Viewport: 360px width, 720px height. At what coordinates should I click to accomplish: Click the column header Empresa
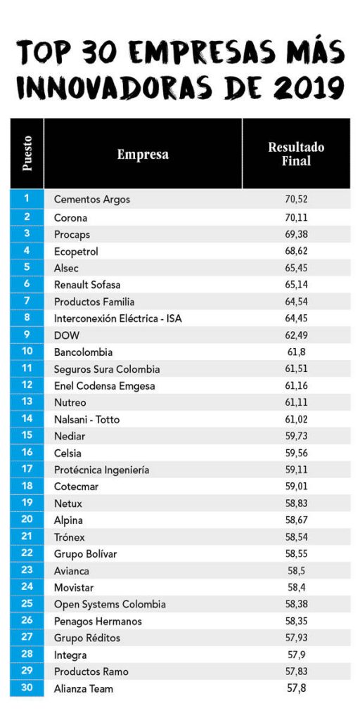(x=142, y=154)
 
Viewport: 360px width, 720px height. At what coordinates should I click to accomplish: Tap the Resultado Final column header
(x=296, y=154)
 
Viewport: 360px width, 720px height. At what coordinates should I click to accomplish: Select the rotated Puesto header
(x=27, y=153)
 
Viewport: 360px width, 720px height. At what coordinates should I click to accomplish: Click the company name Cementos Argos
(x=92, y=200)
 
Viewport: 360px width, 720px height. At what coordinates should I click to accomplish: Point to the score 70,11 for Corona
(x=296, y=217)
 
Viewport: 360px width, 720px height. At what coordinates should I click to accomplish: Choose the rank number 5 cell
(x=27, y=267)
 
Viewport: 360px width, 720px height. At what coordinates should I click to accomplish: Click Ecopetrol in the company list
(x=76, y=252)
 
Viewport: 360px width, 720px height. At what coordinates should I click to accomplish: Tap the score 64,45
(x=296, y=319)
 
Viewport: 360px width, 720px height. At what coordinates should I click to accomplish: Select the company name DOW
(x=67, y=335)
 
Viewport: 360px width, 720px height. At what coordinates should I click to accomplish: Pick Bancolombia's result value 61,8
(x=296, y=352)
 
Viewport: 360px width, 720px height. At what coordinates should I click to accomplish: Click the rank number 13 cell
(x=27, y=401)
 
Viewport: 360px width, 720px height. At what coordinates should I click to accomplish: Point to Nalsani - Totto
(x=86, y=419)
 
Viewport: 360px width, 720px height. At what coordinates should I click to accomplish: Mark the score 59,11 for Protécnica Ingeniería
(x=296, y=470)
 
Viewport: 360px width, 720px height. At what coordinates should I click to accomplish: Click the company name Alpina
(x=68, y=520)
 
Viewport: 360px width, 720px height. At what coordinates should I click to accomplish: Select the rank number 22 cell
(x=27, y=553)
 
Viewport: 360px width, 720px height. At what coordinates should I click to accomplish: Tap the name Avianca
(x=72, y=571)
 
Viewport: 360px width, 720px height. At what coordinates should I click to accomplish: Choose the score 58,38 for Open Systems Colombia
(x=296, y=604)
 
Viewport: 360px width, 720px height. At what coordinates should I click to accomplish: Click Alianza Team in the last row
(x=84, y=688)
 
